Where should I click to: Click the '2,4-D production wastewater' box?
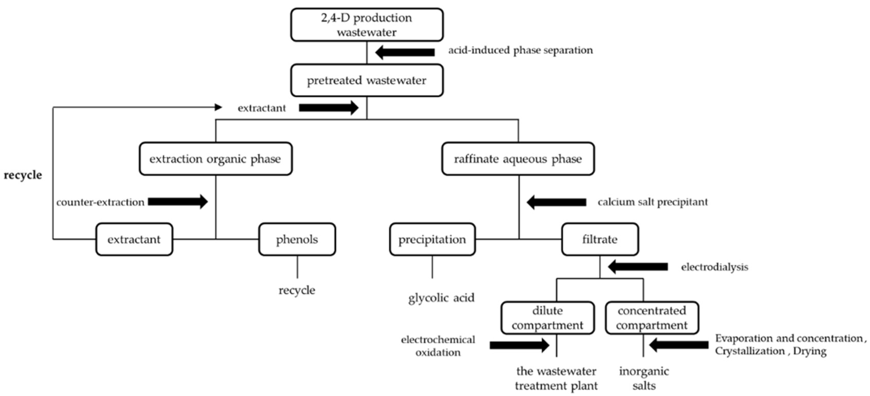(367, 25)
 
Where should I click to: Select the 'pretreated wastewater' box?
(367, 80)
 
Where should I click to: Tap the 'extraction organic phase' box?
(216, 159)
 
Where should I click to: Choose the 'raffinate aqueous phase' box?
(518, 159)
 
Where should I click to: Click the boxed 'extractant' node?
(134, 239)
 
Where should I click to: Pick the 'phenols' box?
(297, 239)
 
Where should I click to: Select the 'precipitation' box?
(432, 239)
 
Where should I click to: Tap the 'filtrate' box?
(600, 239)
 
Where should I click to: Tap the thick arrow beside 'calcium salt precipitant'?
(556, 202)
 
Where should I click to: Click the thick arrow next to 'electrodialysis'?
(638, 267)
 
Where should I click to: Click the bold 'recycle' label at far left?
(23, 175)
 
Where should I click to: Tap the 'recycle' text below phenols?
(297, 290)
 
